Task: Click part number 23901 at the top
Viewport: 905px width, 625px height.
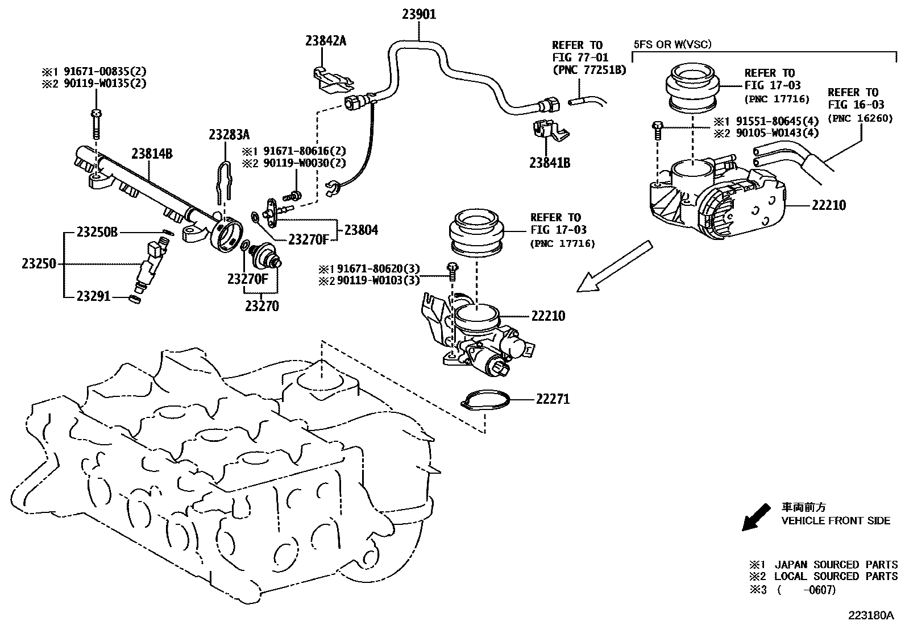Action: [x=419, y=14]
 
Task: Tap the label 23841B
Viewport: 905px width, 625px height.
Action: [x=550, y=163]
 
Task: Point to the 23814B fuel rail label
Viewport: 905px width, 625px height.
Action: [x=152, y=154]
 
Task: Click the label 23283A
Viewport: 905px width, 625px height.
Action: [x=229, y=135]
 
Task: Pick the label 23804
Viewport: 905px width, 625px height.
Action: [x=360, y=230]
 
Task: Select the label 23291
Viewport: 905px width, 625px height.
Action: [x=94, y=296]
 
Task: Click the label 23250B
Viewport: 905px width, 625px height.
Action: [x=97, y=232]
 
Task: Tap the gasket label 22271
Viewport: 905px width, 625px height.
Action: [x=552, y=399]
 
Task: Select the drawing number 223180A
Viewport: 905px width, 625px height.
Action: [x=871, y=615]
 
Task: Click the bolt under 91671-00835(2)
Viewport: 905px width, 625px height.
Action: [x=96, y=123]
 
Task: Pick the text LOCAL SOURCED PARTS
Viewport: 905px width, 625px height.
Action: [x=836, y=576]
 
